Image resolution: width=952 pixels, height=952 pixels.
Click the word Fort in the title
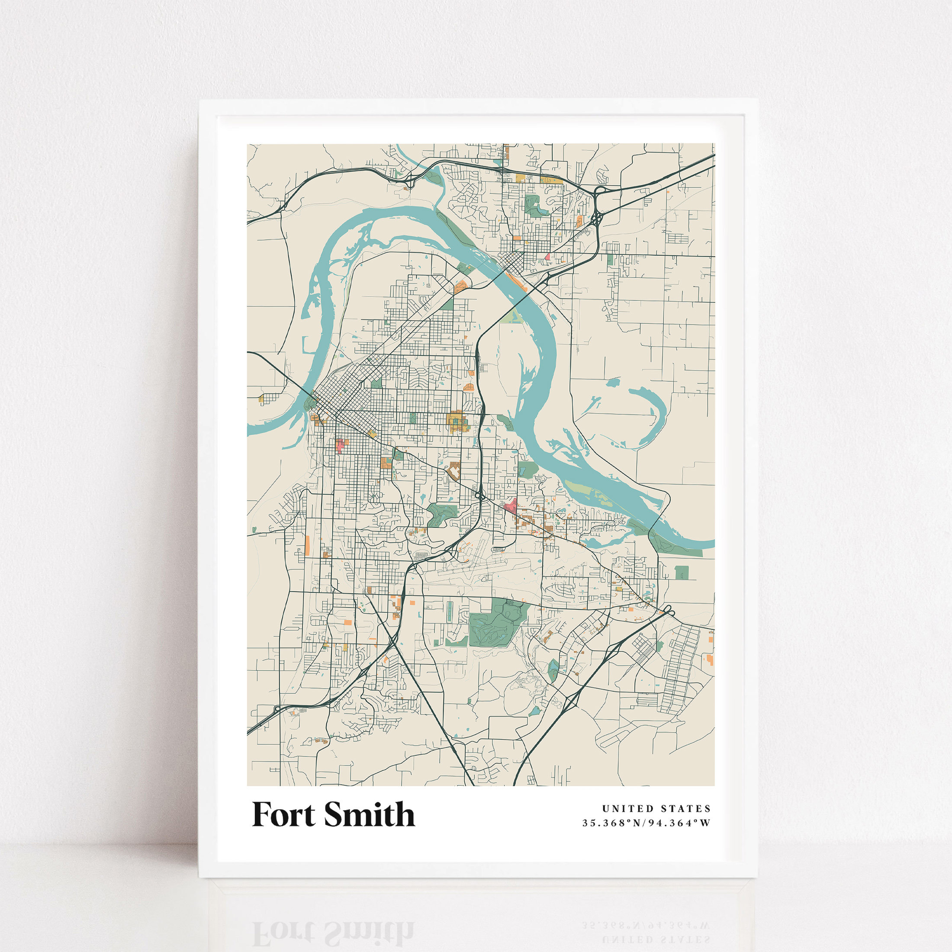tap(283, 814)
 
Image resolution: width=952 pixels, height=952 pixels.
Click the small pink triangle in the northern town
tap(547, 257)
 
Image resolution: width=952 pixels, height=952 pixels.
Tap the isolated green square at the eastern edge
tap(682, 572)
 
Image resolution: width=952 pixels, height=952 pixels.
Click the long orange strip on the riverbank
tap(516, 282)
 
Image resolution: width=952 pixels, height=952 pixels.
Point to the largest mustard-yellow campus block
tap(456, 421)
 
